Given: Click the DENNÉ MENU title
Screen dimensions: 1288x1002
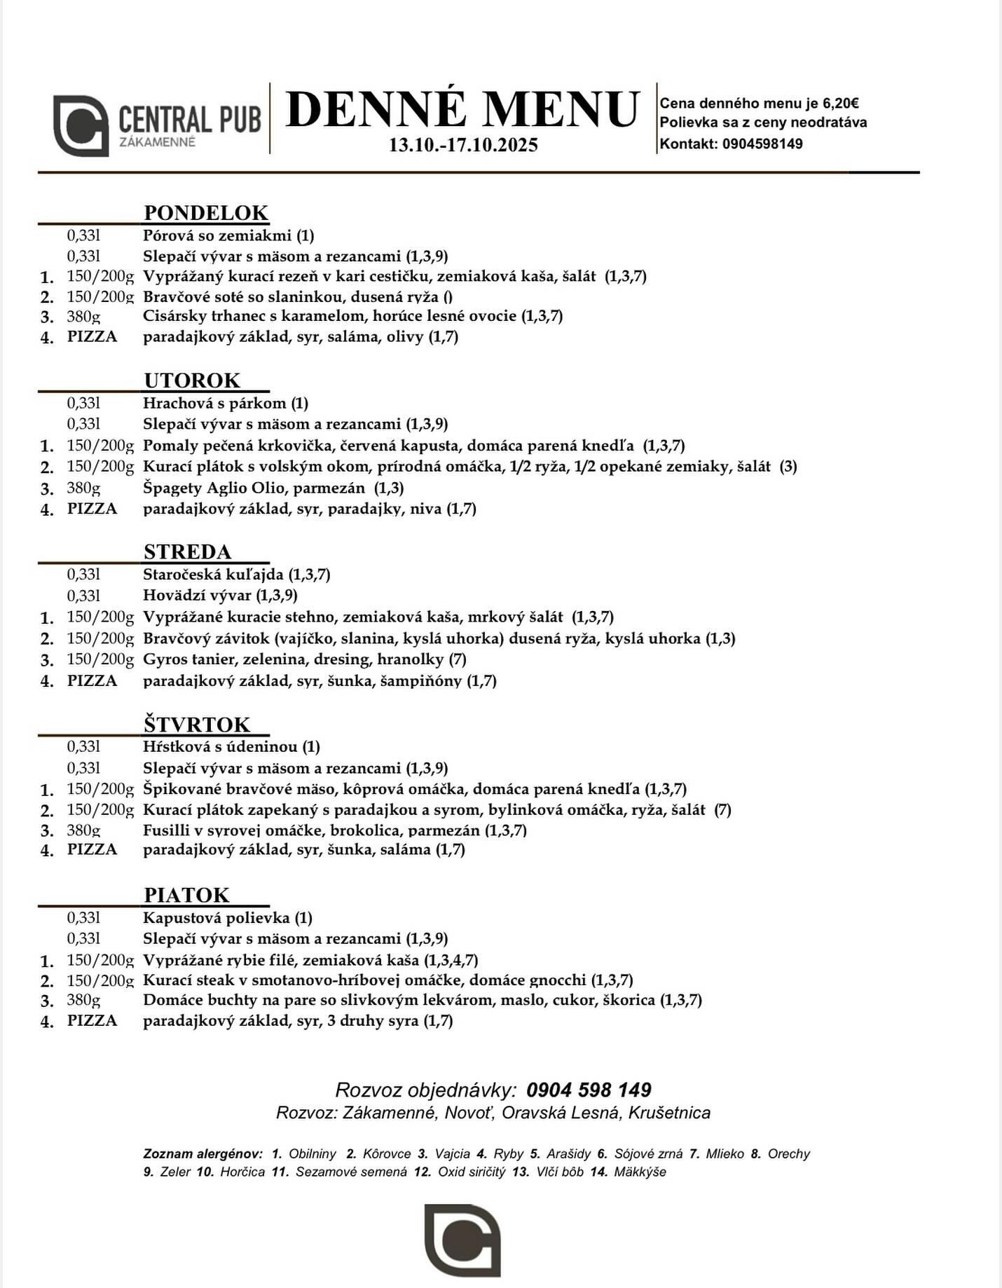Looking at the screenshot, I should coord(462,109).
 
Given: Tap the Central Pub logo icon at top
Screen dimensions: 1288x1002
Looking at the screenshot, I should coord(81,125).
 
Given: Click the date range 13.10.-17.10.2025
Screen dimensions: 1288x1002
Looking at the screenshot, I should coord(463,145).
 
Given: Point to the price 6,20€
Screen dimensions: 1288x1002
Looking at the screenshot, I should coord(841,104).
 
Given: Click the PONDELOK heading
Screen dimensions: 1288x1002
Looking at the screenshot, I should coord(206,212).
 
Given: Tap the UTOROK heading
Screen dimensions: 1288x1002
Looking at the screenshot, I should coord(192,380).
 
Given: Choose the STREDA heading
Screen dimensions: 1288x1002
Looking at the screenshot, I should coord(187,551).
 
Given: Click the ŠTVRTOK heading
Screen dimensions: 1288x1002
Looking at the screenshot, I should coord(197,724).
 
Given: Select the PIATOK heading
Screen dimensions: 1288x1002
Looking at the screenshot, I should coord(186,895).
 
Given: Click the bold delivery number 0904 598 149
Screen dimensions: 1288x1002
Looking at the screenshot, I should coord(589,1090).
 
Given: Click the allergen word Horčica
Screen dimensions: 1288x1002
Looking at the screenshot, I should coord(242,1172).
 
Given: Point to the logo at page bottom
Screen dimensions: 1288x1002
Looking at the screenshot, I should coord(462,1240).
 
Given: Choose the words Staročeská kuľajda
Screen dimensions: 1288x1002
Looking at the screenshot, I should coord(213,575).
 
